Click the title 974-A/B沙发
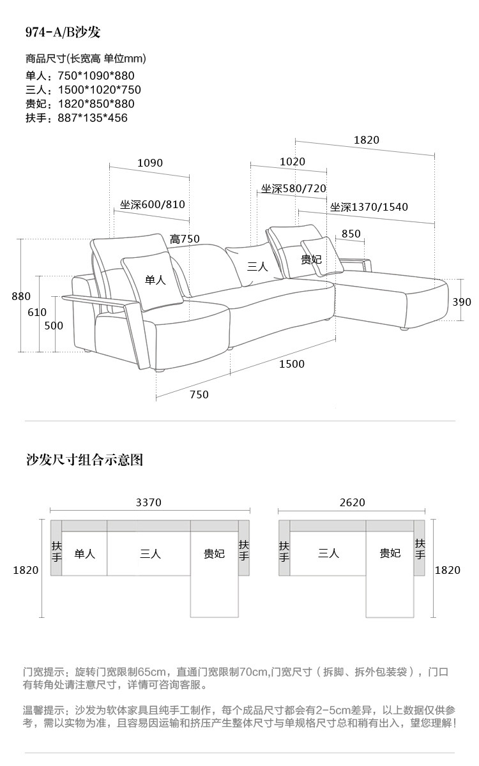coord(63,33)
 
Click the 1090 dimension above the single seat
coord(150,163)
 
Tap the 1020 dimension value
coord(293,162)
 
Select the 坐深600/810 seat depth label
coord(153,205)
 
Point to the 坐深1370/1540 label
coord(369,207)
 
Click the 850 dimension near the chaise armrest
coord(351,234)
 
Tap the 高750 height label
coord(185,239)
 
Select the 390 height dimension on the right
coord(462,302)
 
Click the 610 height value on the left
coord(37,312)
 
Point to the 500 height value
coord(54,326)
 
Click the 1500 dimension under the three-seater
coord(292,364)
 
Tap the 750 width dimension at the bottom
coord(199,394)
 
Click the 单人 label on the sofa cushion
coord(155,280)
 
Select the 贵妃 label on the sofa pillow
coord(311,259)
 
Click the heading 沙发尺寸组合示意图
coord(84,460)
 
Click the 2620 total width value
coord(352,502)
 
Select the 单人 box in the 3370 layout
coord(84,553)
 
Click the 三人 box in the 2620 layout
coord(328,553)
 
